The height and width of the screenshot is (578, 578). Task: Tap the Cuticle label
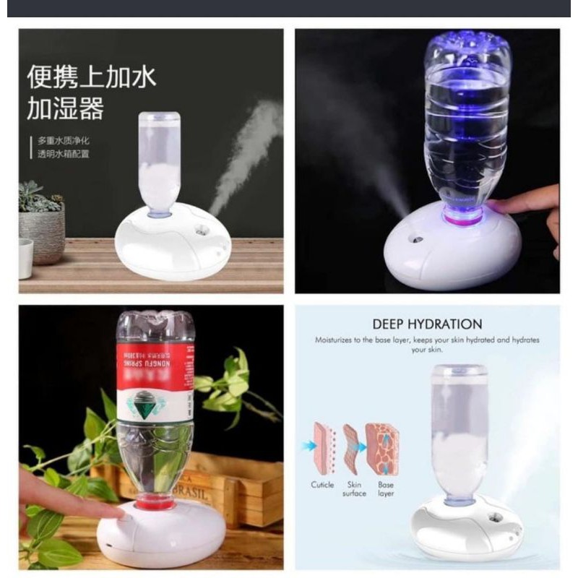click(x=322, y=484)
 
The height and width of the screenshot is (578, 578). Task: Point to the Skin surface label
click(x=354, y=488)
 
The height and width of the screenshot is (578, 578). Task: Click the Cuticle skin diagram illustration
click(x=323, y=449)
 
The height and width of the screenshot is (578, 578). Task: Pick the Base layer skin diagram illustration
click(x=382, y=449)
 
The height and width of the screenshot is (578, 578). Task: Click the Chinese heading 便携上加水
click(x=91, y=76)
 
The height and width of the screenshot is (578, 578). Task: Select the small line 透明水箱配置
click(x=64, y=154)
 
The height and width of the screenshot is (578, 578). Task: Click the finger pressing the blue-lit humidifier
click(x=531, y=204)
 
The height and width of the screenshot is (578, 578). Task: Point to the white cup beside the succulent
click(x=26, y=258)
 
